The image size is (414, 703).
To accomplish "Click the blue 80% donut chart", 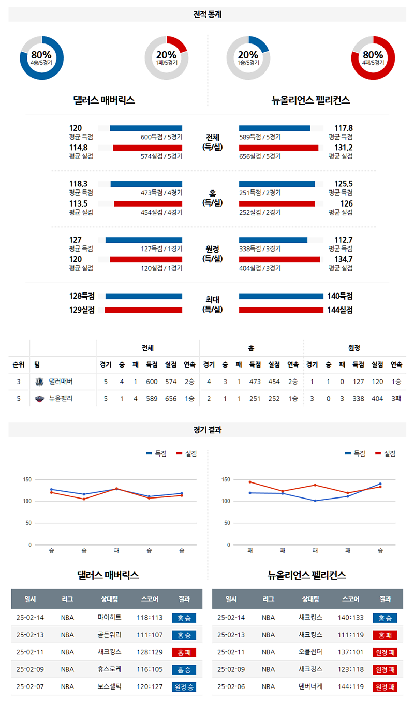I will (41, 58).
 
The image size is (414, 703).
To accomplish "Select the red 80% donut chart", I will (373, 58).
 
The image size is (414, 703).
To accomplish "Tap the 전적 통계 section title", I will (207, 14).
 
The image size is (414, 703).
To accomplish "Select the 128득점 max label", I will (82, 296).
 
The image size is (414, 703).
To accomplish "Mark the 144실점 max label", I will (339, 310).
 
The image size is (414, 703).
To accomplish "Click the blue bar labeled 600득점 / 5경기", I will (146, 128).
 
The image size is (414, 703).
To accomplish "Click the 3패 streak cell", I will (397, 399).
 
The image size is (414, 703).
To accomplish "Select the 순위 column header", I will (19, 364).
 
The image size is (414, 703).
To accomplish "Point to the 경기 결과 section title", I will (207, 430).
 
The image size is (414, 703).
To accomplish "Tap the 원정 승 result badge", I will (184, 687).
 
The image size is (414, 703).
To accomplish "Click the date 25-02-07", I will (30, 687).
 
